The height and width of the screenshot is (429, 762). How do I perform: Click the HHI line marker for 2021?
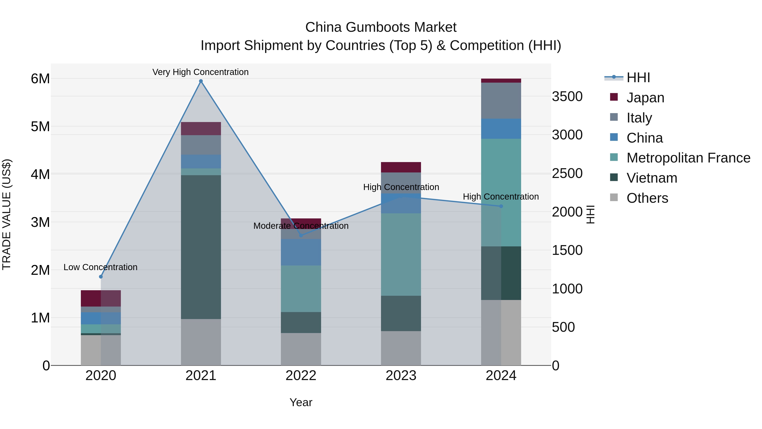click(201, 81)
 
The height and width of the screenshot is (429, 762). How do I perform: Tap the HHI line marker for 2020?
click(101, 276)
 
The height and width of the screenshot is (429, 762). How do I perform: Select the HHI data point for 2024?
click(501, 206)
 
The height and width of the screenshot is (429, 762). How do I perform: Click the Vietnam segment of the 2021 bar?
click(201, 247)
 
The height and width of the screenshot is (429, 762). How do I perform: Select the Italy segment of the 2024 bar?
click(501, 101)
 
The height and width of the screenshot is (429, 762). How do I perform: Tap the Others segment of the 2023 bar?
click(401, 348)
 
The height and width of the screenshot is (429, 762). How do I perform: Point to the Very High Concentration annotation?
click(200, 72)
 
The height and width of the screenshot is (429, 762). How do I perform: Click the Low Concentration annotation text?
click(100, 267)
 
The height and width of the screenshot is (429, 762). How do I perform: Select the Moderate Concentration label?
click(301, 226)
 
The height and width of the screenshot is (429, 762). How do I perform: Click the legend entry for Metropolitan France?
click(688, 158)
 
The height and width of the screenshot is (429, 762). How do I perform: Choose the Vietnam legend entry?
click(652, 178)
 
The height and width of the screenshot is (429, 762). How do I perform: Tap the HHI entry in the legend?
click(638, 78)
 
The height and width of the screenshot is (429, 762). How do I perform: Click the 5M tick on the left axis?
click(40, 126)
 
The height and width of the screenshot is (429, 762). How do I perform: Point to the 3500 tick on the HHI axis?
click(567, 97)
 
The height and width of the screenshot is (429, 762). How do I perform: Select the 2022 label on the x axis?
click(301, 376)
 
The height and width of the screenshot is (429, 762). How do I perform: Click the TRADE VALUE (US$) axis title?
click(7, 214)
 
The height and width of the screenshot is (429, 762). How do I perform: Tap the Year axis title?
click(301, 402)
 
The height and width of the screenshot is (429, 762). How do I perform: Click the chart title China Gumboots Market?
click(381, 27)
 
